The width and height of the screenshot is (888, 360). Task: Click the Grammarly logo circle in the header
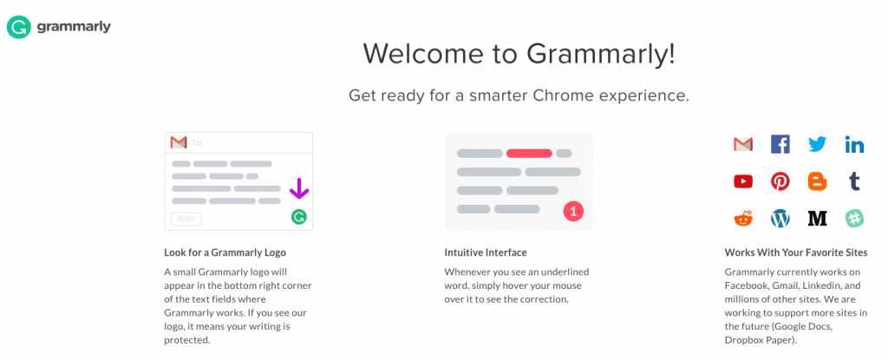click(x=18, y=27)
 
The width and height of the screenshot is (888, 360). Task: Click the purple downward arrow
click(x=299, y=189)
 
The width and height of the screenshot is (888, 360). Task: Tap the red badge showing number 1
click(x=573, y=212)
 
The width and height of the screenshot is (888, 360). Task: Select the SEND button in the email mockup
click(x=186, y=219)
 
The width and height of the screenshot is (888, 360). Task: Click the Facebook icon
click(x=780, y=145)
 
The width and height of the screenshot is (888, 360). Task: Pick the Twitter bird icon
click(x=817, y=145)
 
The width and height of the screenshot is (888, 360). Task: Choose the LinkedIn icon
click(x=854, y=145)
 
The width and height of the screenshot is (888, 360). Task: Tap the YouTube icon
click(x=743, y=181)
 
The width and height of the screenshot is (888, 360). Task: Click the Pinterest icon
click(x=780, y=181)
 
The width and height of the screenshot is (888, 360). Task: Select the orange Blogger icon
click(x=817, y=181)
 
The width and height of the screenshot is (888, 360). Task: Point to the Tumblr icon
click(x=854, y=181)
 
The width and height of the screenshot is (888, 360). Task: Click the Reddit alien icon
click(x=743, y=219)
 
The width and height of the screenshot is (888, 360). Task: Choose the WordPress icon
click(x=780, y=219)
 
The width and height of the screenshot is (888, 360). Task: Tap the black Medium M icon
click(x=817, y=219)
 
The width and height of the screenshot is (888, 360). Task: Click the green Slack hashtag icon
click(x=854, y=219)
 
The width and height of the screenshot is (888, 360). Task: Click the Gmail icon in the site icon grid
click(x=743, y=145)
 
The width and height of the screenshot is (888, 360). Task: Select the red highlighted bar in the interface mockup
click(x=529, y=153)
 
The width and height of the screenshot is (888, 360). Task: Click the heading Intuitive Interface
click(x=486, y=252)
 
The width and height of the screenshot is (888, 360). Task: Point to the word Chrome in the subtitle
click(x=562, y=95)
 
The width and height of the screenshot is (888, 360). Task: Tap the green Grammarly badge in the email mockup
click(x=299, y=216)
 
